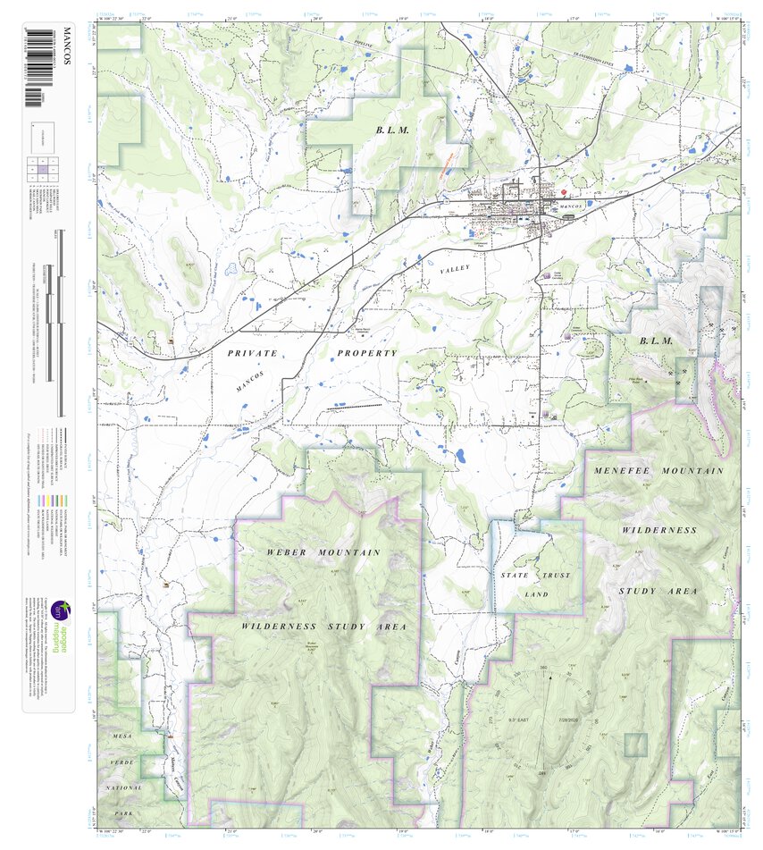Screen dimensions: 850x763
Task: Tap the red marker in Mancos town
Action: click(x=565, y=191)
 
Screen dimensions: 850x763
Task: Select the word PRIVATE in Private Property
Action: click(x=253, y=354)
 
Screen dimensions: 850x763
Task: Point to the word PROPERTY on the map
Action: click(x=366, y=354)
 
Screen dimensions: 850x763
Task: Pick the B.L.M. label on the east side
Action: click(x=654, y=341)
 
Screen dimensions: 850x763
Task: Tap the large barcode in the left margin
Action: click(x=37, y=67)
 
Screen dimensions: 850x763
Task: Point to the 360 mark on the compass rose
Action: click(x=543, y=669)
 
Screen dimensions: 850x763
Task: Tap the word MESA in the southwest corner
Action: click(x=121, y=735)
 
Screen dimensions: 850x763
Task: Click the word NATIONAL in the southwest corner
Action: click(x=124, y=788)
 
